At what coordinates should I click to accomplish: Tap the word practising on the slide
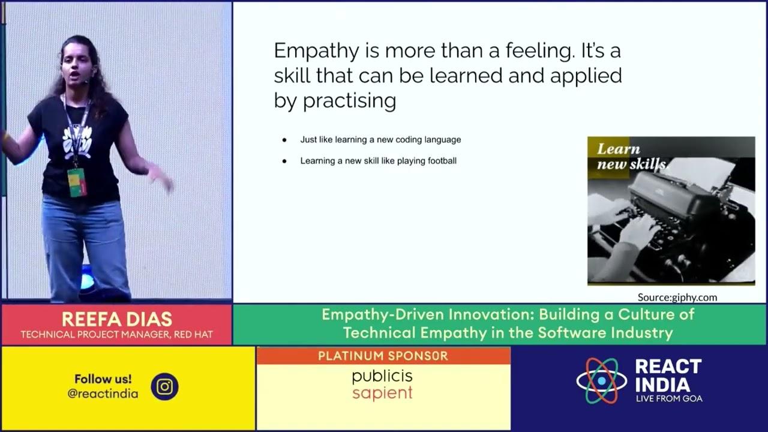pyautogui.click(x=349, y=101)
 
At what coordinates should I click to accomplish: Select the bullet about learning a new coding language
pyautogui.click(x=380, y=140)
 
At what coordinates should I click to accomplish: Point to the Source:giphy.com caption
pyautogui.click(x=677, y=297)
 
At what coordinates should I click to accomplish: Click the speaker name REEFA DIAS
pyautogui.click(x=116, y=319)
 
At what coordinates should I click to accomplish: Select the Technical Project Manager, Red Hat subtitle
pyautogui.click(x=116, y=334)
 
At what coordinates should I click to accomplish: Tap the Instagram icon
pyautogui.click(x=164, y=386)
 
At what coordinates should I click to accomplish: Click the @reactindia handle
pyautogui.click(x=103, y=394)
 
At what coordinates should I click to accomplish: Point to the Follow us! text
pyautogui.click(x=103, y=379)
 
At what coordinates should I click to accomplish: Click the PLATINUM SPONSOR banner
pyautogui.click(x=383, y=356)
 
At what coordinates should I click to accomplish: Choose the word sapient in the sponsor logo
pyautogui.click(x=382, y=394)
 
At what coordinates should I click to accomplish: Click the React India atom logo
pyautogui.click(x=601, y=380)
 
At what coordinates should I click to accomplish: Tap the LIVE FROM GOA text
pyautogui.click(x=668, y=398)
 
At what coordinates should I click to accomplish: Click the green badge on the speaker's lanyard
pyautogui.click(x=77, y=182)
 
